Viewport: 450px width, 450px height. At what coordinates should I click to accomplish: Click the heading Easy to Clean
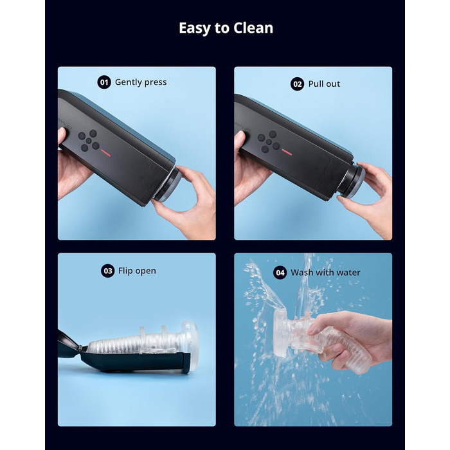pyautogui.click(x=226, y=28)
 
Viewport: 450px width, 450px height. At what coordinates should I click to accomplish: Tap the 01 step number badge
pyautogui.click(x=104, y=82)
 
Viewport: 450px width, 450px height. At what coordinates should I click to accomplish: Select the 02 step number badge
pyautogui.click(x=297, y=84)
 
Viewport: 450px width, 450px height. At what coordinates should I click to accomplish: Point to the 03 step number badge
pyautogui.click(x=107, y=271)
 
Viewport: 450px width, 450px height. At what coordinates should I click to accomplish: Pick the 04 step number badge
pyautogui.click(x=280, y=273)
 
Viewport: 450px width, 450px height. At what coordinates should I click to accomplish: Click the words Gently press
pyautogui.click(x=141, y=82)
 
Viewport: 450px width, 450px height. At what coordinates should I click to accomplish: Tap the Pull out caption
pyautogui.click(x=324, y=84)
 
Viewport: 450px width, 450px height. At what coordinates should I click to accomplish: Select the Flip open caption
pyautogui.click(x=137, y=271)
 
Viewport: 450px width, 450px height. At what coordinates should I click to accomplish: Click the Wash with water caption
pyautogui.click(x=325, y=273)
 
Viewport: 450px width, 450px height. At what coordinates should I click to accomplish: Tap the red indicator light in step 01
pyautogui.click(x=105, y=153)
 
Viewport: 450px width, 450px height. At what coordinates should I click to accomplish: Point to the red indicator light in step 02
pyautogui.click(x=287, y=152)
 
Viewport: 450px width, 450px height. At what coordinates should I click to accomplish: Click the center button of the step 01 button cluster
pyautogui.click(x=89, y=141)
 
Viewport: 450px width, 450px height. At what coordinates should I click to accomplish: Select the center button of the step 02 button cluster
pyautogui.click(x=269, y=142)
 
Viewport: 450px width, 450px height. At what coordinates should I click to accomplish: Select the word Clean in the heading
pyautogui.click(x=253, y=28)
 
